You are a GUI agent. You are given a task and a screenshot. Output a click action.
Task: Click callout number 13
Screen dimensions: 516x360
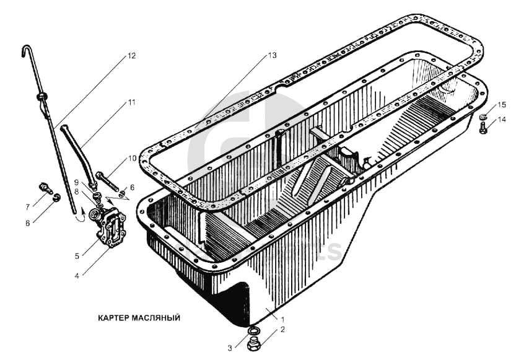coord(272,55)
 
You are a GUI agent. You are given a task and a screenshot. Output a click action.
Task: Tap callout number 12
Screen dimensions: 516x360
coord(131,56)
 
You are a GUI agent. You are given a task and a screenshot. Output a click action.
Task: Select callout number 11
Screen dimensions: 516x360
coord(131,102)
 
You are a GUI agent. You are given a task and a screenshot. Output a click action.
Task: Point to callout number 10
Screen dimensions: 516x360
coord(132,158)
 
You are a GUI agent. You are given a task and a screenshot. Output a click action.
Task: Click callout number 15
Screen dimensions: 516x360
coord(501,105)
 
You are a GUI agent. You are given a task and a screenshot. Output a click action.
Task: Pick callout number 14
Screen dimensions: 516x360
coord(501,120)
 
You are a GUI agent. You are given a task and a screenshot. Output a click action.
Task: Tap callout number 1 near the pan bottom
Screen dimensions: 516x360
coord(282,319)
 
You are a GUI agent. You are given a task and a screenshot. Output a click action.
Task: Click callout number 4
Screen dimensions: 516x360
coord(77,276)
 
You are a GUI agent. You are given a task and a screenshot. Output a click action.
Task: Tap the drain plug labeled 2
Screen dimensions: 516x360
coord(254,345)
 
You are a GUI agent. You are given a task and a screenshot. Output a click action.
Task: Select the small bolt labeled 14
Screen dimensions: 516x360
coord(483,128)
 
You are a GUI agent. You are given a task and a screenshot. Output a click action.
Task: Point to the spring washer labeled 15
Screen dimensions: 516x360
coord(483,116)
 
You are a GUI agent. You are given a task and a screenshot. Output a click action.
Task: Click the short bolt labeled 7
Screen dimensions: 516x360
coord(45,187)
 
